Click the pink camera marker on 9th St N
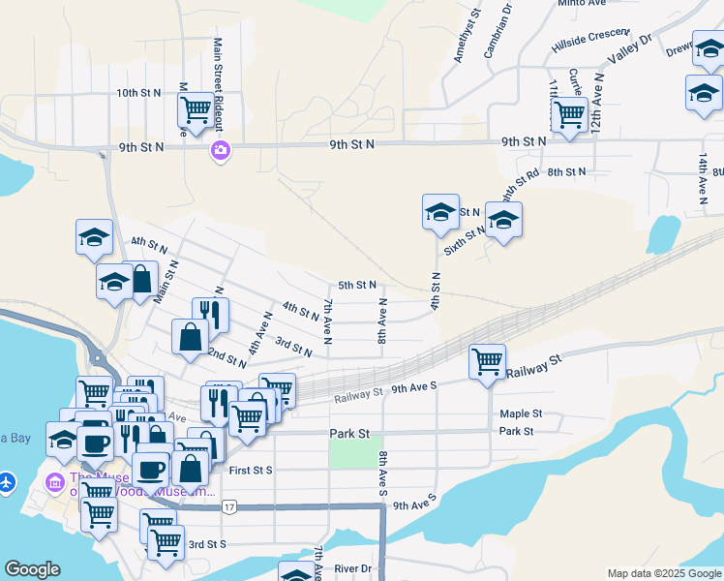click(220, 149)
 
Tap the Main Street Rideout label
click(218, 84)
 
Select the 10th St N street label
click(137, 93)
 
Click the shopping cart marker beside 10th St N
click(196, 111)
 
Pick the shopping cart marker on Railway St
click(487, 362)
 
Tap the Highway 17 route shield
click(228, 506)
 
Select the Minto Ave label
click(582, 3)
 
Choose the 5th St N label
click(356, 286)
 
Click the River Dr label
click(352, 568)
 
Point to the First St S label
click(253, 470)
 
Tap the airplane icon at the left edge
click(8, 480)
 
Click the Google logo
click(32, 569)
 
